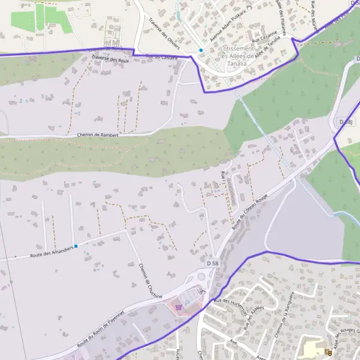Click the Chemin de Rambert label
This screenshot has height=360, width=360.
pyautogui.click(x=98, y=135)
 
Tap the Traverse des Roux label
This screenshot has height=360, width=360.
pyautogui.click(x=110, y=59)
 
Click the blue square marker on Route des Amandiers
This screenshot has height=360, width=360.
pyautogui.click(x=76, y=245)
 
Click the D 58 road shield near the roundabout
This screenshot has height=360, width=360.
pyautogui.click(x=213, y=263)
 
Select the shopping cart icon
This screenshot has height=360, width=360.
pyautogui.click(x=178, y=307)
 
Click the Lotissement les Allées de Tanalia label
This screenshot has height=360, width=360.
pyautogui.click(x=242, y=56)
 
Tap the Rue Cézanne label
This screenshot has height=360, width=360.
pyautogui.click(x=264, y=36)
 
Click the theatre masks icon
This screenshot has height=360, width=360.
pyautogui.click(x=326, y=352)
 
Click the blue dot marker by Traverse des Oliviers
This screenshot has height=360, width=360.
pyautogui.click(x=201, y=50)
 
